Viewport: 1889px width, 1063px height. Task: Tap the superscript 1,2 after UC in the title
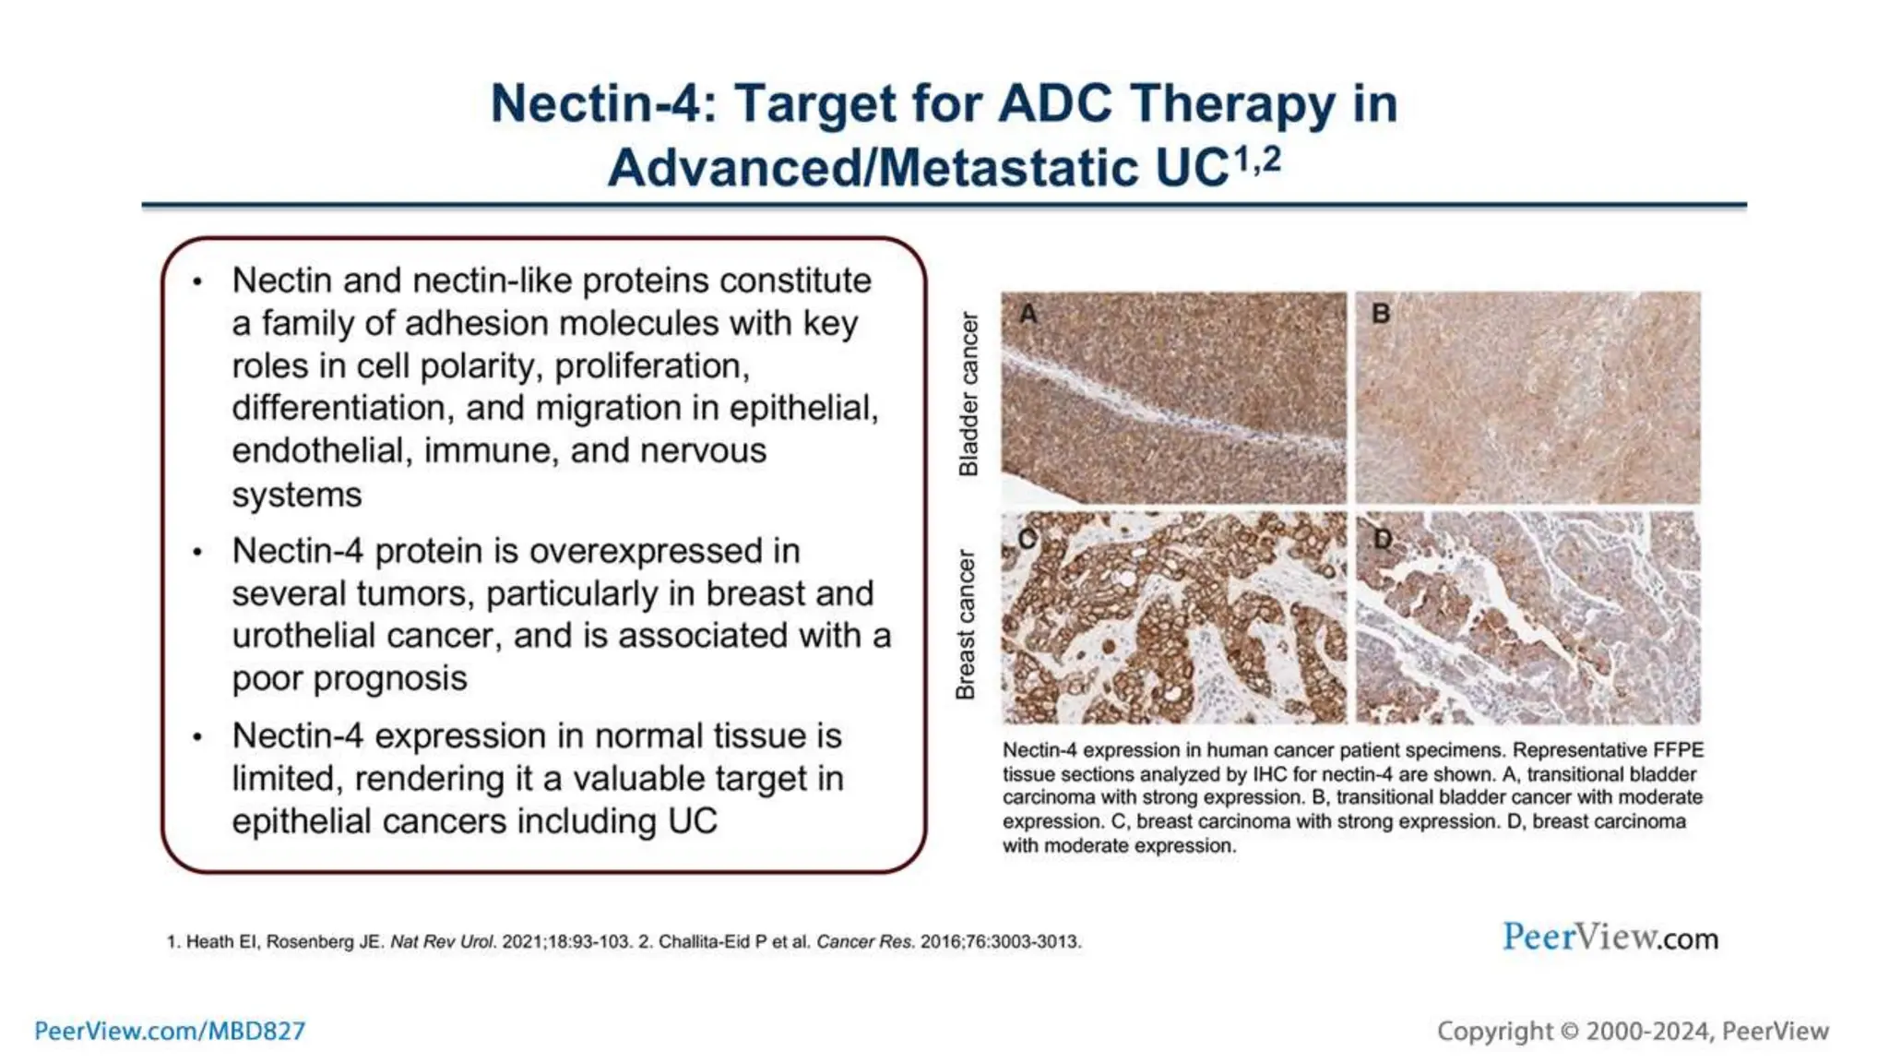click(x=1257, y=161)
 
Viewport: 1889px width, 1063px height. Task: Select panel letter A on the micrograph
click(x=1028, y=314)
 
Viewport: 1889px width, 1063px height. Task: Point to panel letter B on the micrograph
click(x=1381, y=314)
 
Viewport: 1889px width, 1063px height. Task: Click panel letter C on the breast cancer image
click(x=1028, y=538)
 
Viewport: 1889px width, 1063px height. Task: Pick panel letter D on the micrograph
click(x=1382, y=538)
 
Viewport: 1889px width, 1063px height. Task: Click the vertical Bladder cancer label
click(x=968, y=394)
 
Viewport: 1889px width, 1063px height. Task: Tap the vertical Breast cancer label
click(x=966, y=625)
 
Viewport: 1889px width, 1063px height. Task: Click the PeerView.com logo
click(x=1610, y=938)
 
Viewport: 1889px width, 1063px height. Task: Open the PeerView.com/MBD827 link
click(x=170, y=1031)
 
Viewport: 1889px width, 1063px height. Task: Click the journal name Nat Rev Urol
click(x=443, y=942)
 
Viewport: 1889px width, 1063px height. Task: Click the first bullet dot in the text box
click(x=197, y=282)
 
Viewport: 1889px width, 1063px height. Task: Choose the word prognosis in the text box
click(x=350, y=678)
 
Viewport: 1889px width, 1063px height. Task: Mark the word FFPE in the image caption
click(x=1679, y=750)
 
